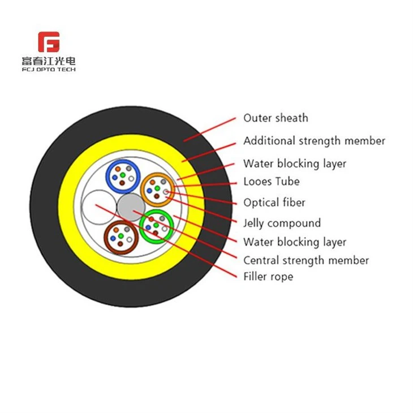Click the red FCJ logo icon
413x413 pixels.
(x=49, y=42)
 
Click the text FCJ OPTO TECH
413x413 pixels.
(x=49, y=69)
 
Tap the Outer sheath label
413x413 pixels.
(x=276, y=118)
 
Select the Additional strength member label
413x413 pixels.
(x=314, y=141)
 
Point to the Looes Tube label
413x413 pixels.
(x=272, y=182)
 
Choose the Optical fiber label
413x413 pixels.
(x=274, y=203)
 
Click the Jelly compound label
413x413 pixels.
(x=282, y=223)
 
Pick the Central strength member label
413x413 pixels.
(x=306, y=260)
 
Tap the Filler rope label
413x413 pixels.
(x=268, y=277)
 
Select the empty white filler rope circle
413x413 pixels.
(x=99, y=207)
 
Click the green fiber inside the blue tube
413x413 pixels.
(x=122, y=175)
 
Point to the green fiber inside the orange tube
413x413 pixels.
(x=157, y=188)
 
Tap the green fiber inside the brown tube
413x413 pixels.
(x=121, y=236)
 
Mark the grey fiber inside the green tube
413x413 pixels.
(x=162, y=218)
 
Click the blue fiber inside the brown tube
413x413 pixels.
(x=113, y=238)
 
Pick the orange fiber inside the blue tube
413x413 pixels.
(x=118, y=169)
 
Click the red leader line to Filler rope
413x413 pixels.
(x=166, y=241)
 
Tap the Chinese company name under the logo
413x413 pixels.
(x=49, y=61)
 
